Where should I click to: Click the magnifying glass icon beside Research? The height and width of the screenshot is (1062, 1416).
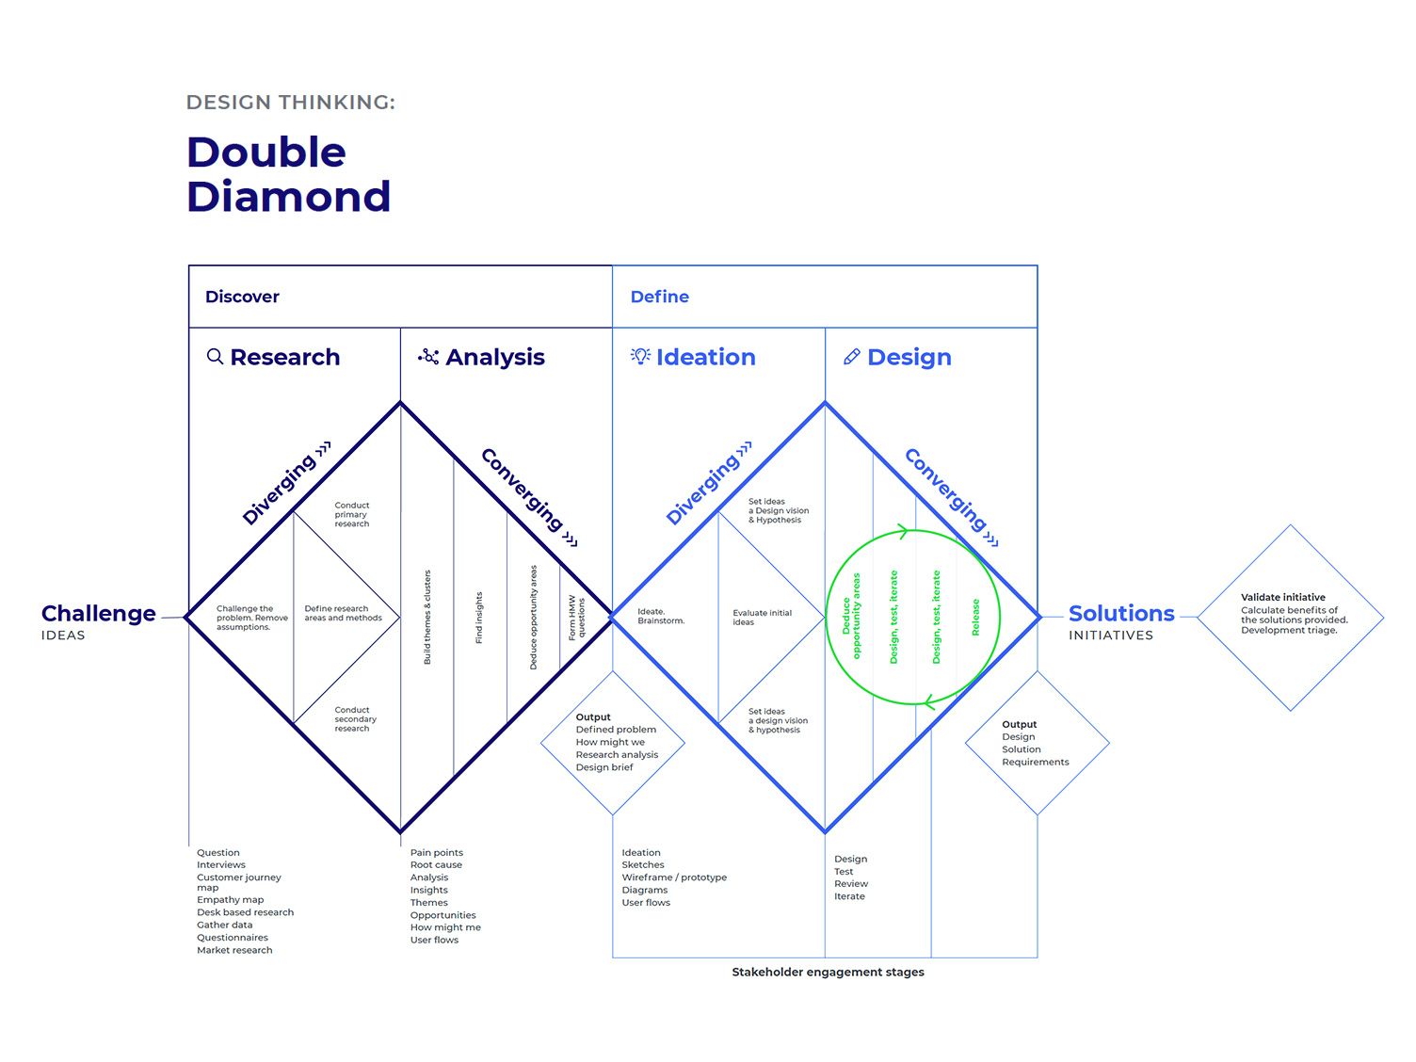[215, 357]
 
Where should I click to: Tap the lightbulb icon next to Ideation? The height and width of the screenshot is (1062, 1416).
[640, 356]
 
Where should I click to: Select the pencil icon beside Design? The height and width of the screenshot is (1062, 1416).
[851, 357]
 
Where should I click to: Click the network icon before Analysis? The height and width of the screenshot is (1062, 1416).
[428, 356]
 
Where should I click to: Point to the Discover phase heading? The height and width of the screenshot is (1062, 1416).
[242, 297]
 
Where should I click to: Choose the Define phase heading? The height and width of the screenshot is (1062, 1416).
[659, 297]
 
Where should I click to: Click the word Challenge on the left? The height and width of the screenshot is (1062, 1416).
[99, 613]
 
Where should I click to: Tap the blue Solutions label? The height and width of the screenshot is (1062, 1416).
[1121, 613]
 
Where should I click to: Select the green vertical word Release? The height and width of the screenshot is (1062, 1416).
[975, 617]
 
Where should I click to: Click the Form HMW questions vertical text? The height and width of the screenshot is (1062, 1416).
[576, 617]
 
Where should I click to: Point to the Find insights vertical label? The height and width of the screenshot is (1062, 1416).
[478, 617]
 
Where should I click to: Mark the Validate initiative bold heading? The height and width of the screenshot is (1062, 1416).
[1283, 597]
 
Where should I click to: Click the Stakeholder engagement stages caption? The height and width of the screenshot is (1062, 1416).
[828, 972]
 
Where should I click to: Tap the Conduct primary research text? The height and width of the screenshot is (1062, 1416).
[351, 514]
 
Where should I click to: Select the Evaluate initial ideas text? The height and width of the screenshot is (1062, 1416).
[762, 617]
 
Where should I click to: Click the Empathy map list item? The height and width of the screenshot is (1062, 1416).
[231, 899]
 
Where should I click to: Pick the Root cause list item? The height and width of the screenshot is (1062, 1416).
[436, 864]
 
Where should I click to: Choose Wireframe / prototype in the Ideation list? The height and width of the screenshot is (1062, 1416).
[674, 877]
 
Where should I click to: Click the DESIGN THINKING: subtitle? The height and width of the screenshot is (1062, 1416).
[291, 103]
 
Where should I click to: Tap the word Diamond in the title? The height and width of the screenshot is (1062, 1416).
[289, 197]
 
